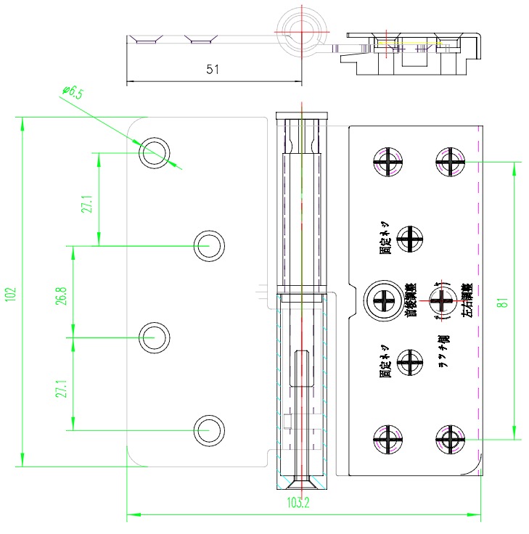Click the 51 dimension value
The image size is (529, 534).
pyautogui.click(x=213, y=70)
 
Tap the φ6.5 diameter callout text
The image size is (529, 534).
pyautogui.click(x=73, y=92)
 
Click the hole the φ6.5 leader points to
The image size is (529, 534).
pyautogui.click(x=155, y=153)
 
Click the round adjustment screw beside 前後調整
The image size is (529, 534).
pyautogui.click(x=382, y=299)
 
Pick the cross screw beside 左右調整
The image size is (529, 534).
pyautogui.click(x=441, y=298)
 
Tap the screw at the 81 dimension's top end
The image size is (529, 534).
pyautogui.click(x=450, y=160)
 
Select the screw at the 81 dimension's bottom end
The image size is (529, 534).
pyautogui.click(x=450, y=439)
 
